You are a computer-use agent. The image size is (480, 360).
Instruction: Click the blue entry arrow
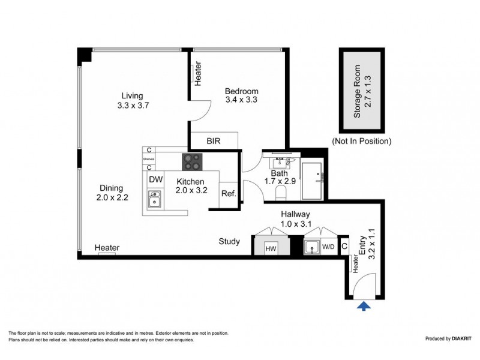364,306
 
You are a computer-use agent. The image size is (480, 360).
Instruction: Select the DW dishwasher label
155,179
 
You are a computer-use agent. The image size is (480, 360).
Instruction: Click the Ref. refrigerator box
229,193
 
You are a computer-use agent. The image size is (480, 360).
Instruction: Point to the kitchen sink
155,199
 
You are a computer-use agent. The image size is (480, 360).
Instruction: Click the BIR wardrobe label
214,142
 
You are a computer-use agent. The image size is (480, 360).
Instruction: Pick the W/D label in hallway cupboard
329,246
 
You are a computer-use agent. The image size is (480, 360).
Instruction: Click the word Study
229,242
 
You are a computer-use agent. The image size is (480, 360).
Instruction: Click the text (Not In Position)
362,142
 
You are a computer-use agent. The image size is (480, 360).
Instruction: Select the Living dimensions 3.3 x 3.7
132,105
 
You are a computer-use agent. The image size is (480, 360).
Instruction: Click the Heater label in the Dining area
107,248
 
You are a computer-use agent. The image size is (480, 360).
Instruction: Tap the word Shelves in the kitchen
148,159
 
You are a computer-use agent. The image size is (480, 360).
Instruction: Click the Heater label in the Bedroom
197,73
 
